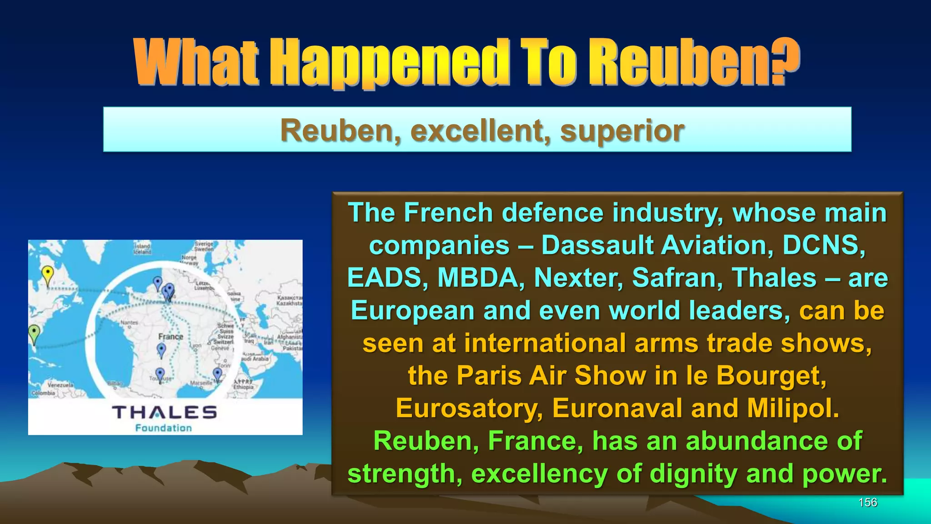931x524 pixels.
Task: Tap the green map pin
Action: (34, 333)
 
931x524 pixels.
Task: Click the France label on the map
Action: (171, 337)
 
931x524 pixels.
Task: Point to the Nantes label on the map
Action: (129, 322)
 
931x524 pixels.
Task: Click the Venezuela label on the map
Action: (60, 385)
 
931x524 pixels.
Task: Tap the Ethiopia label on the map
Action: (243, 387)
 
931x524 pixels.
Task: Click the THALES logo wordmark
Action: (165, 412)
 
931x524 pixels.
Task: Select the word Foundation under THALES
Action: (164, 428)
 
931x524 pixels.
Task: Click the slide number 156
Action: (867, 502)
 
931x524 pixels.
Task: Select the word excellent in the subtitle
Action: (480, 131)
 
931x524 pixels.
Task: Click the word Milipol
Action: (793, 408)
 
